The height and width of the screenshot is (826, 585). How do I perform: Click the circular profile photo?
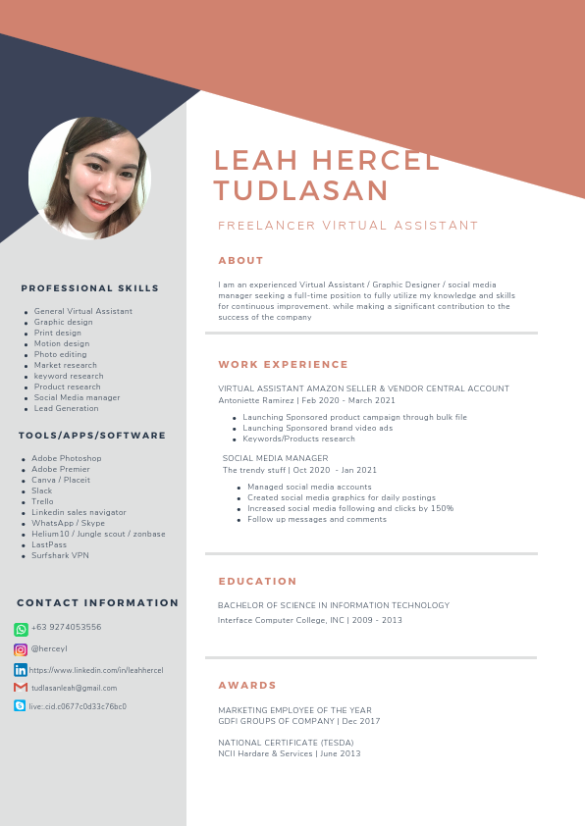click(x=90, y=178)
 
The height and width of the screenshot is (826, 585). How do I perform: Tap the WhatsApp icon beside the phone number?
click(x=21, y=629)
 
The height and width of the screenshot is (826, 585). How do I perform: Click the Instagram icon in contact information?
click(x=21, y=649)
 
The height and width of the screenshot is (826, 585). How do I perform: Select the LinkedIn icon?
click(x=21, y=669)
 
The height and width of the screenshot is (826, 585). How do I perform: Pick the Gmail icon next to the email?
click(x=21, y=688)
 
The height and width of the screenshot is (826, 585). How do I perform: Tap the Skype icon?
click(x=21, y=706)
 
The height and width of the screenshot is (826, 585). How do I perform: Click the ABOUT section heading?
click(x=241, y=261)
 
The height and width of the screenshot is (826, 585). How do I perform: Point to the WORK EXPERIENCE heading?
click(x=284, y=365)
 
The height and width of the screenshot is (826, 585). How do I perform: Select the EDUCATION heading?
click(x=258, y=582)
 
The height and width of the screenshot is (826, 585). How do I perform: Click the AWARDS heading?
click(x=247, y=686)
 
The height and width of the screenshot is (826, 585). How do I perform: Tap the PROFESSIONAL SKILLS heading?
click(x=90, y=288)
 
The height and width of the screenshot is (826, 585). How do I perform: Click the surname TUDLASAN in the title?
click(x=301, y=190)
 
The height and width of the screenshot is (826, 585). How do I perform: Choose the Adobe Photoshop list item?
click(x=67, y=458)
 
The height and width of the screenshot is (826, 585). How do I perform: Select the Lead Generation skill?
click(x=67, y=408)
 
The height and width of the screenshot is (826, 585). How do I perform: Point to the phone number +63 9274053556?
click(x=67, y=628)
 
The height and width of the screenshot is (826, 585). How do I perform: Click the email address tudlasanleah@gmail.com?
click(x=75, y=688)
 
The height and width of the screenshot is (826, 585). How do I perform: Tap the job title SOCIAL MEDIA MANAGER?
click(x=275, y=458)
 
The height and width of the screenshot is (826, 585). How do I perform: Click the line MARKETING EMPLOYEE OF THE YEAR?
click(x=294, y=710)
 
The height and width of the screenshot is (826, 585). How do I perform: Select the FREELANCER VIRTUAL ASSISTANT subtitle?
click(x=348, y=226)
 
